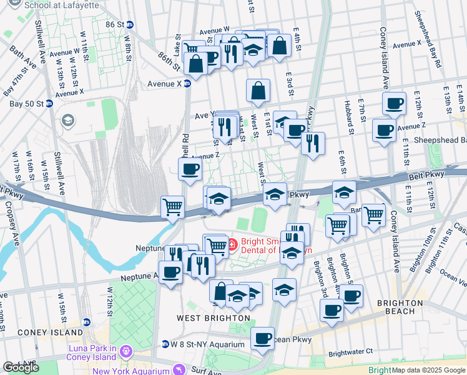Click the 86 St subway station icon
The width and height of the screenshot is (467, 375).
[130, 24]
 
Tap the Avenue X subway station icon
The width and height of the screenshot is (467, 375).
[187, 83]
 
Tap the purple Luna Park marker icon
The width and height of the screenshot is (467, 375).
[127, 351]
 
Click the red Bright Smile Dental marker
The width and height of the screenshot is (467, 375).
[232, 242]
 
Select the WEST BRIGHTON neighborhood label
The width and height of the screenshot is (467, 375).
[213, 318]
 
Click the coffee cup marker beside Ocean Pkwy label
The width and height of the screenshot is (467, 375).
[263, 338]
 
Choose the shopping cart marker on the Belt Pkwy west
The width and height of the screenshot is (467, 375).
[172, 207]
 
